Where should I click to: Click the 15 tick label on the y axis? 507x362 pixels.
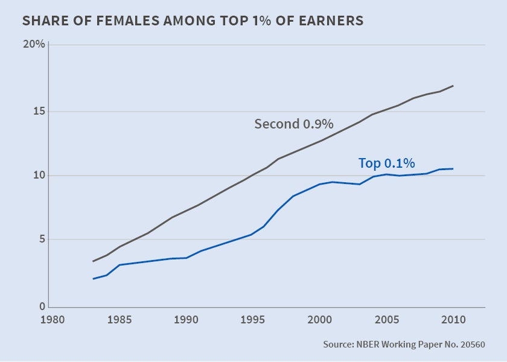[37, 112]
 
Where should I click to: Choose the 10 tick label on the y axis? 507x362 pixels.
[37, 176]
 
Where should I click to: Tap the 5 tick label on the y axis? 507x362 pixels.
[40, 240]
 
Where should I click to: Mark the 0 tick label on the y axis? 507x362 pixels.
[40, 306]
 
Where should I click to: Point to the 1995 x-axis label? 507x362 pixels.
[252, 319]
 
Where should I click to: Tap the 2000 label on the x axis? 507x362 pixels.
[319, 319]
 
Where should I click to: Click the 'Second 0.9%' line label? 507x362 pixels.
[294, 124]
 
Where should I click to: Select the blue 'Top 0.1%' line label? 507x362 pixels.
[387, 163]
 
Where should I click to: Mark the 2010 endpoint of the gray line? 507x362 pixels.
[453, 86]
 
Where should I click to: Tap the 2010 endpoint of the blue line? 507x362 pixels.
[453, 169]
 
